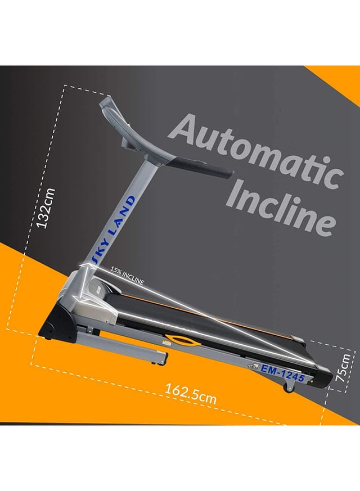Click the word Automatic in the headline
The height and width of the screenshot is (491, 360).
256,152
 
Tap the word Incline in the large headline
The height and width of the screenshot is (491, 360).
281,208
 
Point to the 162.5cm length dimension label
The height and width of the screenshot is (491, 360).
190,394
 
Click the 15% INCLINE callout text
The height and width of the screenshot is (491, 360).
127,276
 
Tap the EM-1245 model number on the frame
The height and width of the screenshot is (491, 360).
283,373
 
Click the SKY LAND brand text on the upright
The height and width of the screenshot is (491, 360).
113,228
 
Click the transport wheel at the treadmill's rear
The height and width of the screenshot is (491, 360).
289,388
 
